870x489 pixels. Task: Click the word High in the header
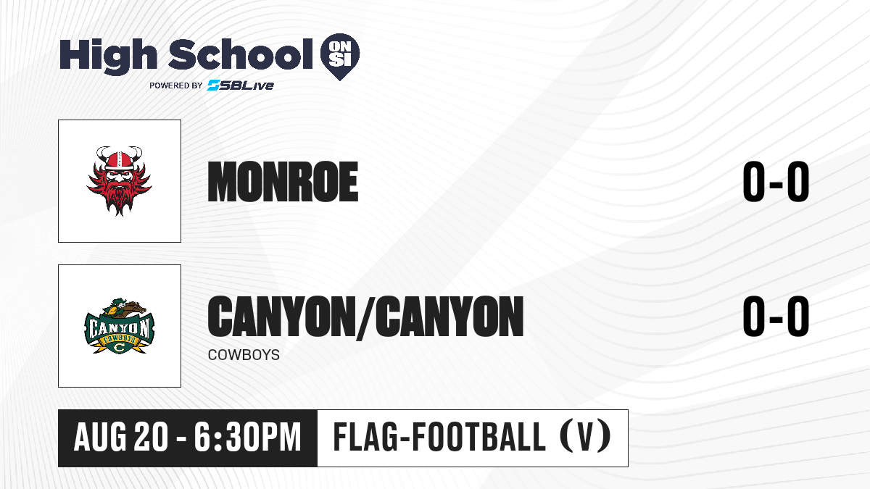tap(108, 57)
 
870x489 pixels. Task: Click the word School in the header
tap(241, 54)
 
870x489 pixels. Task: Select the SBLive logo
tap(241, 85)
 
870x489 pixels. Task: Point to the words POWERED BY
tap(176, 85)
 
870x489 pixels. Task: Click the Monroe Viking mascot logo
tap(119, 181)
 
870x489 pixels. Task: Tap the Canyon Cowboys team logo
tap(119, 326)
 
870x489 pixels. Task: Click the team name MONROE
tap(283, 182)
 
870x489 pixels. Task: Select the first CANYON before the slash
tap(280, 317)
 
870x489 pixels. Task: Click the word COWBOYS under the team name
tap(244, 355)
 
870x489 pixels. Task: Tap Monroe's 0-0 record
tap(776, 182)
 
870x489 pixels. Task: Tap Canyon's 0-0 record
tap(776, 316)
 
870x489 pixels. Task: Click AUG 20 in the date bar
tap(121, 438)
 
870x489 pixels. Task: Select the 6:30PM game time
tap(248, 438)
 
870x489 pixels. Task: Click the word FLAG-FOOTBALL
tap(439, 437)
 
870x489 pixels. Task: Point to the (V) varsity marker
tap(585, 437)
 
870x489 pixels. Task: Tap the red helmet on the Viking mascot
tap(119, 160)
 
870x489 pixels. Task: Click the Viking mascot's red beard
tap(119, 196)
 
